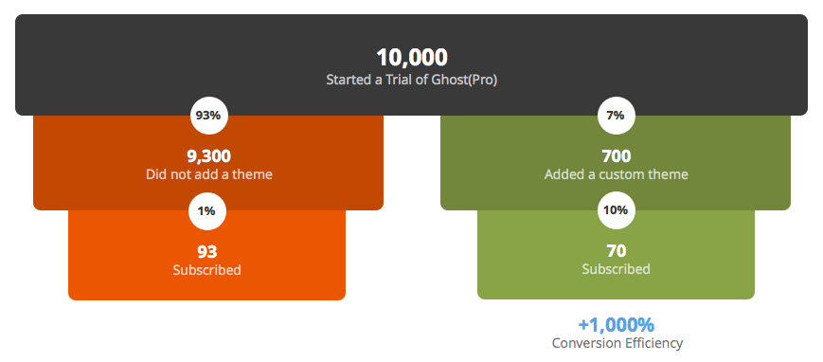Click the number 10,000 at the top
tap(411, 58)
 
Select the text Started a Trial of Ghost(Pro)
tap(411, 81)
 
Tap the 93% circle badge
tap(207, 116)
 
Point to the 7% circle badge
tap(616, 116)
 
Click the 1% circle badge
tap(207, 210)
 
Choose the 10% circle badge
tap(616, 210)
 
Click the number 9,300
tap(207, 156)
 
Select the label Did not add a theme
tap(207, 174)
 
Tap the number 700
tap(616, 156)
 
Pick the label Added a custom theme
tap(616, 174)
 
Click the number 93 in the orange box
tap(206, 252)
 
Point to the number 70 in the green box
tap(616, 252)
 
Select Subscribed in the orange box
tap(206, 270)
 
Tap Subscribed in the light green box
tap(616, 269)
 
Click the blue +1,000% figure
tap(616, 325)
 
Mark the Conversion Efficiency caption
tap(617, 343)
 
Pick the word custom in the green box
tap(623, 174)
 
